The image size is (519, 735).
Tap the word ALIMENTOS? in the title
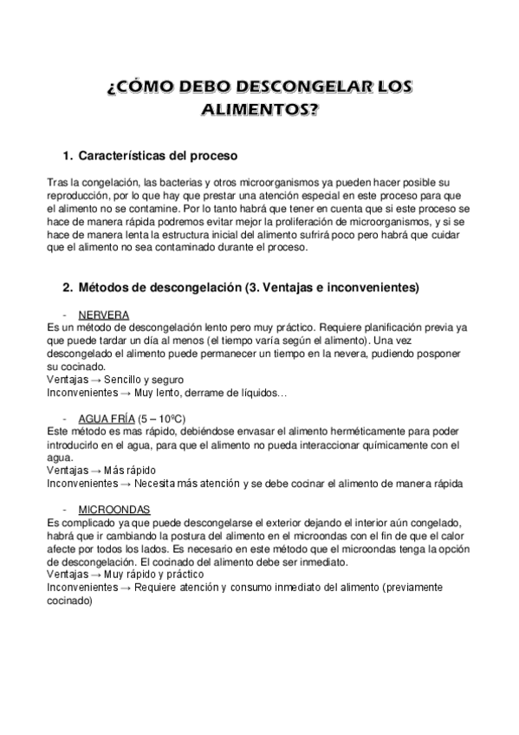[259, 110]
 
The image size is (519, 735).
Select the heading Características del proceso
[158, 156]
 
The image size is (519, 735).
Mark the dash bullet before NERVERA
[66, 315]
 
